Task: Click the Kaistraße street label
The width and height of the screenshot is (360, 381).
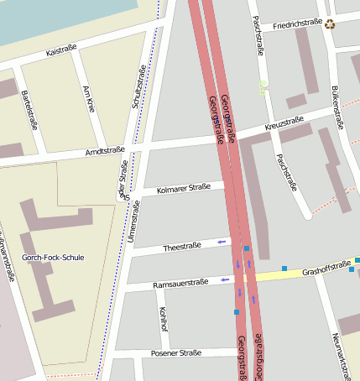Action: [61, 50]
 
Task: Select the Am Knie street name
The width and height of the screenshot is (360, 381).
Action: [89, 98]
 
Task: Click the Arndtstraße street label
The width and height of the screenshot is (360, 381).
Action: [105, 151]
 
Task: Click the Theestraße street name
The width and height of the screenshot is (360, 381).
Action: [182, 246]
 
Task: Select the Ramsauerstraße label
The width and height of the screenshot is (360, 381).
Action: [180, 284]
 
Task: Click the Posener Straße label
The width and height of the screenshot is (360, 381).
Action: [175, 353]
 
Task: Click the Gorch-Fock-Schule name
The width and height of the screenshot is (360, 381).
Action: [53, 258]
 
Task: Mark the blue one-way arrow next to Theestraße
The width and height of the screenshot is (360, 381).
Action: [222, 243]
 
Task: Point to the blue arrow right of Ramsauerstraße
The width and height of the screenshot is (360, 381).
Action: [224, 279]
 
